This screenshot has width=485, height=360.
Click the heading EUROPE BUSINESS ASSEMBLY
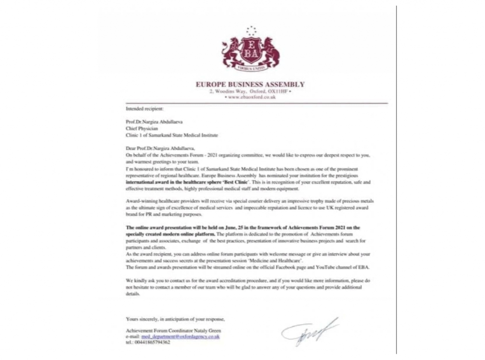(x=250, y=85)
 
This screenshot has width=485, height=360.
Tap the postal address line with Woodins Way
(x=250, y=91)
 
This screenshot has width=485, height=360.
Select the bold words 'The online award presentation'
(x=157, y=228)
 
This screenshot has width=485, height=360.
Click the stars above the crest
(x=251, y=31)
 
